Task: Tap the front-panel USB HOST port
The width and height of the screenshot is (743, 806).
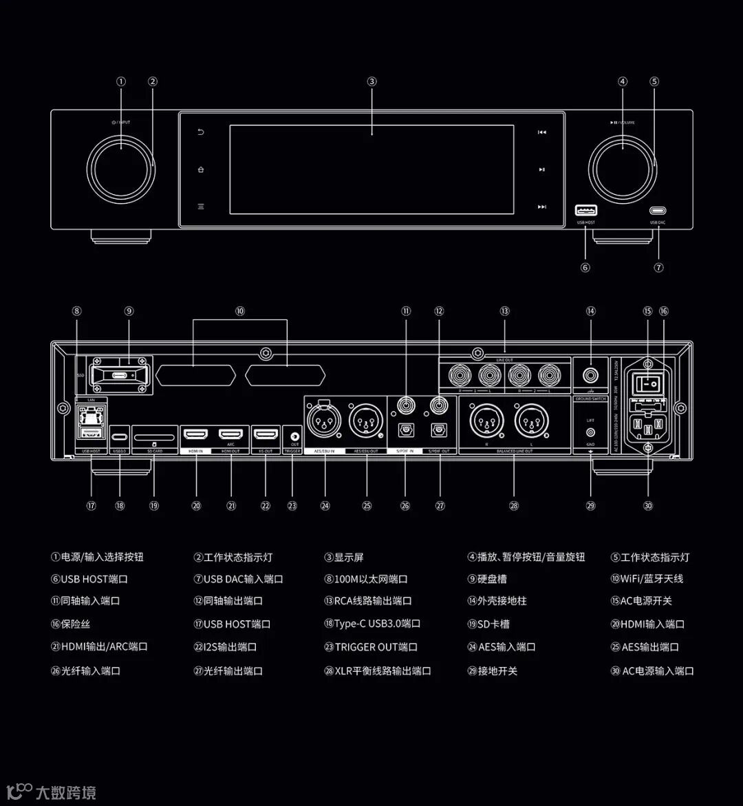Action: [586, 211]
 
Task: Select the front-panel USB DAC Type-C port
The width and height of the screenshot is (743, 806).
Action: [658, 211]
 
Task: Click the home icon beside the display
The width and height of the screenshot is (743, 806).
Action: [201, 169]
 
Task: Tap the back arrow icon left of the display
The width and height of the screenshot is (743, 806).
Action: [201, 132]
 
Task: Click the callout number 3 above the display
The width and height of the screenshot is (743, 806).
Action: [371, 81]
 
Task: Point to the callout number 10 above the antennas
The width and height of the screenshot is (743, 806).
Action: [239, 311]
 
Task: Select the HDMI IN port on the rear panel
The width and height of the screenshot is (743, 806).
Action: [196, 434]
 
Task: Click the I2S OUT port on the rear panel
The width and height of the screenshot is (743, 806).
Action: [266, 434]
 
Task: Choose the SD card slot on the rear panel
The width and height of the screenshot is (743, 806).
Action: [154, 437]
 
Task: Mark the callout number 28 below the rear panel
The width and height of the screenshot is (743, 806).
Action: [513, 506]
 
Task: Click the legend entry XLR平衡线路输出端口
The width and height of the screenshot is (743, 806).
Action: [383, 670]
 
